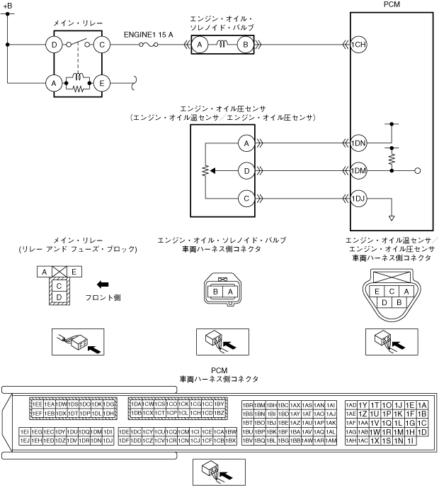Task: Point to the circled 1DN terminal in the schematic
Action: coord(358,143)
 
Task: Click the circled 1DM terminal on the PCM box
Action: coord(358,171)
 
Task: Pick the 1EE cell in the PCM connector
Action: coord(36,403)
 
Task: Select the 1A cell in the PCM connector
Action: coord(422,404)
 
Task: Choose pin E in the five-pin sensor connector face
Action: coord(379,291)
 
